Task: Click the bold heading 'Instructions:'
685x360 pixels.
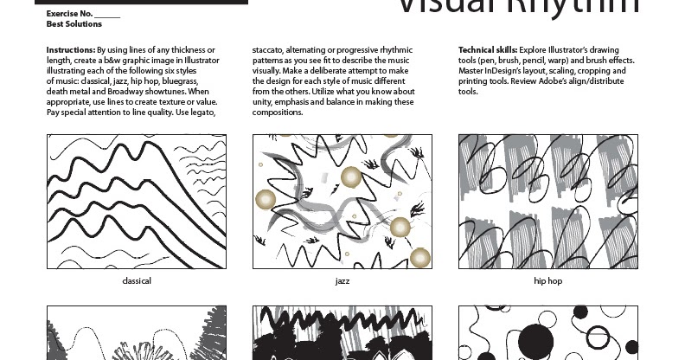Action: click(x=71, y=50)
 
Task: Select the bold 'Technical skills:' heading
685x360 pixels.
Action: click(x=486, y=50)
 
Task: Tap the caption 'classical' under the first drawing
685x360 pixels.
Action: click(x=137, y=280)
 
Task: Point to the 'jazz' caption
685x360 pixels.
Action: click(x=342, y=280)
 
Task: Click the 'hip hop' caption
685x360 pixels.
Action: click(x=548, y=280)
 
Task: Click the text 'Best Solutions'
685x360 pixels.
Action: click(x=74, y=24)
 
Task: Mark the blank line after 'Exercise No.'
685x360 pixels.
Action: click(x=107, y=15)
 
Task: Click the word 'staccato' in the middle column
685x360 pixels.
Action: click(x=270, y=50)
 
